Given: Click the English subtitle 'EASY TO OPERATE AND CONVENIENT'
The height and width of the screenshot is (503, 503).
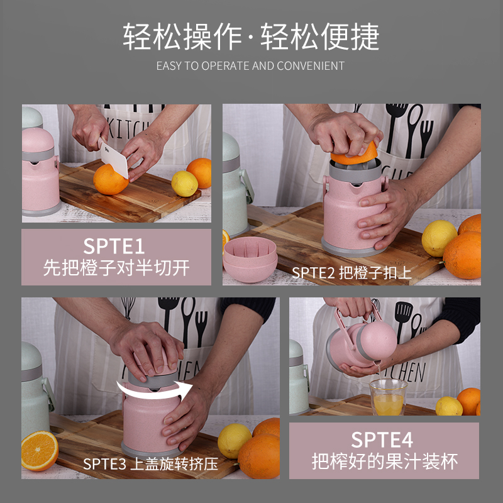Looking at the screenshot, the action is click(x=250, y=66).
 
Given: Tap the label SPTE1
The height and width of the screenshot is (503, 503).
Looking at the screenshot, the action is click(x=114, y=246).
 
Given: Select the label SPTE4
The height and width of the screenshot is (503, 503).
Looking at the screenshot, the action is click(x=382, y=439).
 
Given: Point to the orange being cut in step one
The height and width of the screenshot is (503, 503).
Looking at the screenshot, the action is click(x=110, y=180).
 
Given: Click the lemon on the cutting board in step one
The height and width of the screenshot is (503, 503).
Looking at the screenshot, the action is click(x=184, y=184).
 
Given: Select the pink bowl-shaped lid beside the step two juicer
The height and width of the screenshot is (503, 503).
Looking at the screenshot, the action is click(x=250, y=259).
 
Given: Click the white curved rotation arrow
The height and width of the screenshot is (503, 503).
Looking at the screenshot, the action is click(x=154, y=390).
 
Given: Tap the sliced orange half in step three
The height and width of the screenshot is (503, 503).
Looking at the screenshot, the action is click(x=40, y=451).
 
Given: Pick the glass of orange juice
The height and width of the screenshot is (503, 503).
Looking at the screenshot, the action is click(x=388, y=397).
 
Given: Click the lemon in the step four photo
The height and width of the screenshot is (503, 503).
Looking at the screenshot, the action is click(x=449, y=406).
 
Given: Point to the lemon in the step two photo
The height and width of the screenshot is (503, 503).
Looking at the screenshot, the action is click(x=439, y=238).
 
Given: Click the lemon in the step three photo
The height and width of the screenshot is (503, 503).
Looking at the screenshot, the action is click(x=235, y=441).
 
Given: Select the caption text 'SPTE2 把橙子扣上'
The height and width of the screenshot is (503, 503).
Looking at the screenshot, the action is click(x=351, y=273).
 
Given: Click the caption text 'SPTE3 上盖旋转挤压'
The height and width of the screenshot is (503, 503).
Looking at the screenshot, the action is click(x=151, y=464).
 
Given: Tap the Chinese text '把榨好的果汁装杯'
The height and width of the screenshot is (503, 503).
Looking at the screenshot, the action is click(x=385, y=462).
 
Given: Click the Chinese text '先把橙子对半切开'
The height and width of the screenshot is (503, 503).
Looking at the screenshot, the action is click(x=116, y=268).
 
